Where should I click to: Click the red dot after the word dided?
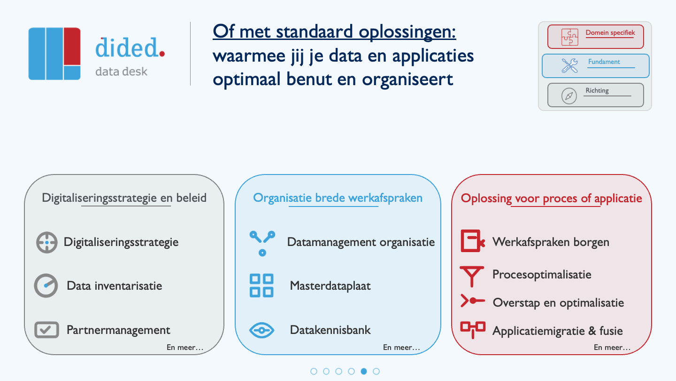(x=162, y=54)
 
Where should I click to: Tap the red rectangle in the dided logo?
(x=72, y=46)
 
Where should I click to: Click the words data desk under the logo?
(x=121, y=71)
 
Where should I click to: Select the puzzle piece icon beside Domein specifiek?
(x=569, y=37)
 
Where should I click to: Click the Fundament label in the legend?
(x=604, y=62)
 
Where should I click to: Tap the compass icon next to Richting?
(x=569, y=96)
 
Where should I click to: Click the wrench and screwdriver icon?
(x=569, y=66)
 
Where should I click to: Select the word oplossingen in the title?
(x=407, y=32)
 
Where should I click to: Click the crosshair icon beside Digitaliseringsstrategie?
(x=47, y=243)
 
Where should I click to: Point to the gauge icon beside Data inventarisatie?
(x=46, y=286)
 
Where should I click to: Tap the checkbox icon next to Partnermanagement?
(x=46, y=330)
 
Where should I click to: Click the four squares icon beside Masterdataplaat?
(x=261, y=286)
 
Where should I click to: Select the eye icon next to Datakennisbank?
(x=261, y=330)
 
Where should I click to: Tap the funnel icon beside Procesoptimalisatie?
(x=472, y=276)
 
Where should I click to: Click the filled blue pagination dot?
(x=364, y=371)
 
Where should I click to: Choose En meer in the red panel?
(x=612, y=348)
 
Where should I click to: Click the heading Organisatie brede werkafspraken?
(x=338, y=198)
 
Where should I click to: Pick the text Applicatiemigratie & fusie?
(x=557, y=331)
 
